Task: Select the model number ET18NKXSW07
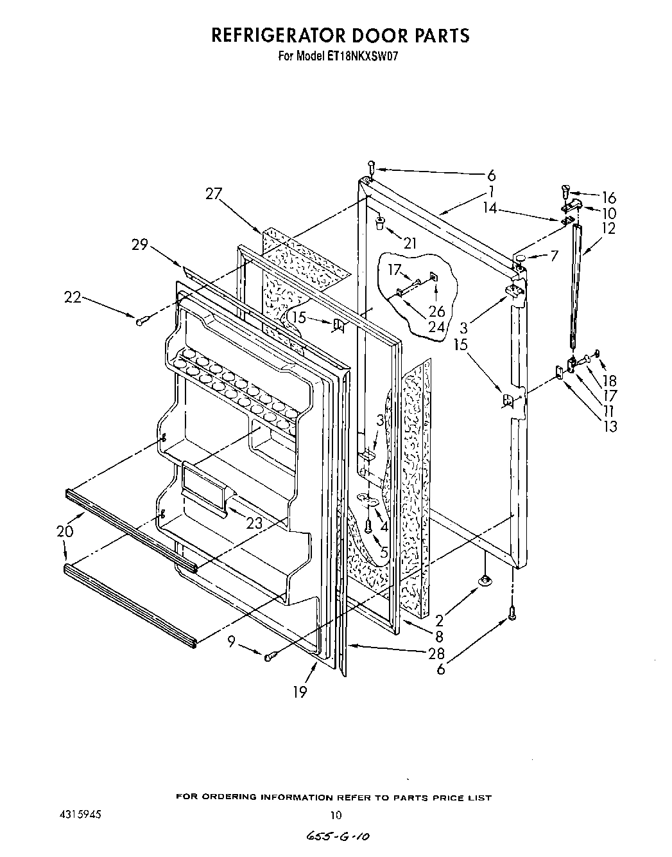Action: click(365, 55)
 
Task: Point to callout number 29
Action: click(140, 245)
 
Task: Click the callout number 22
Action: click(73, 297)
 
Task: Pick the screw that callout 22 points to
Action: click(142, 319)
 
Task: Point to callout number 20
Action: click(65, 531)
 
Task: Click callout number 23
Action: click(254, 523)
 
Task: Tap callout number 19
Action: click(299, 691)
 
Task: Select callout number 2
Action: click(439, 621)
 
